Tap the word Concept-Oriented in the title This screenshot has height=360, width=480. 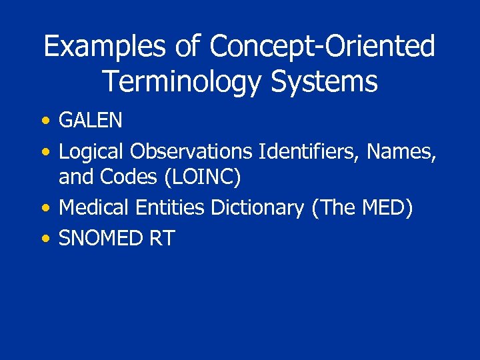coord(322,47)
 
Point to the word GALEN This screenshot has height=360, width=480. coord(91,121)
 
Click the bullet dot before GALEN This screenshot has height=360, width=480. coord(45,121)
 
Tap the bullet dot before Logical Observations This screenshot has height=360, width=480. coord(45,153)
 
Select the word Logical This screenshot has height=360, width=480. coord(91,152)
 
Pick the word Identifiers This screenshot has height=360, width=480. coord(311,152)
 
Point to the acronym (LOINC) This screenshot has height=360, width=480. coord(202,178)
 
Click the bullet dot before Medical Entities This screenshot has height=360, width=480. coord(45,209)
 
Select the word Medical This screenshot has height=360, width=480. coord(94,208)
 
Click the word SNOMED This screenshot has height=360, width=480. coord(101,238)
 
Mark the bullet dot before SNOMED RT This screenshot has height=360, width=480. coord(45,239)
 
